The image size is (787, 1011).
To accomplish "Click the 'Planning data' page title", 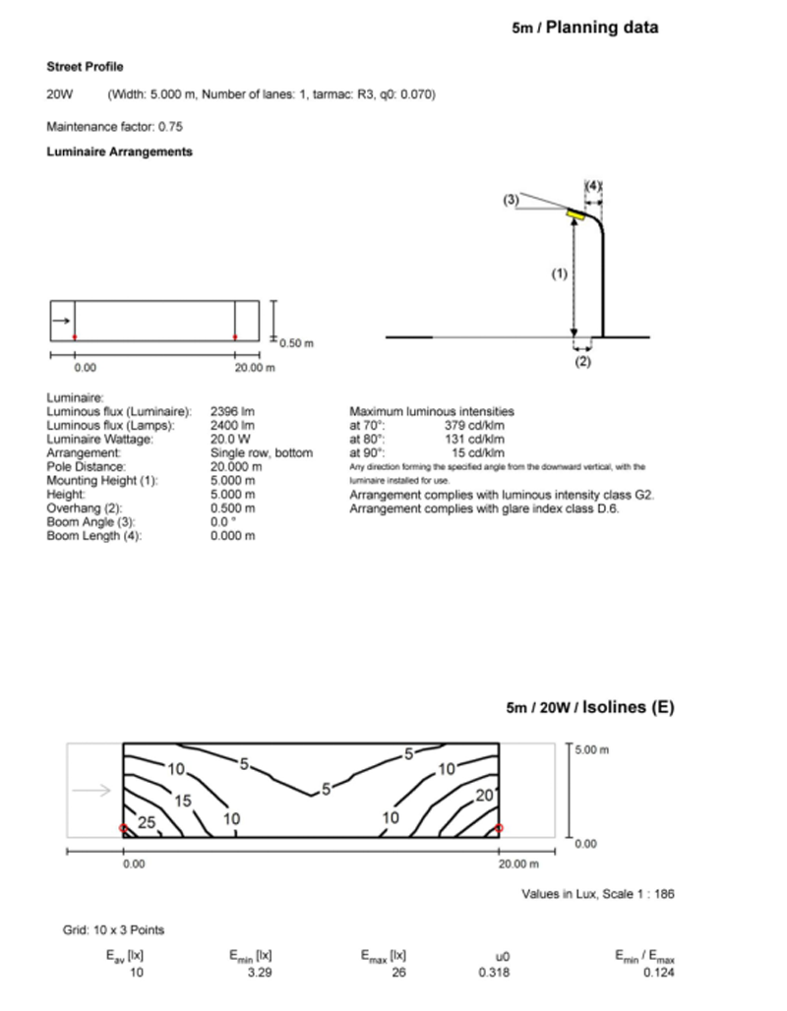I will pos(601,28).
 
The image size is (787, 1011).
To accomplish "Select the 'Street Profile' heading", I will pos(85,67).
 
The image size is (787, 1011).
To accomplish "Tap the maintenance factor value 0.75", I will pos(170,126).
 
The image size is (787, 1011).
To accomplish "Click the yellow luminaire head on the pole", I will pos(583,212).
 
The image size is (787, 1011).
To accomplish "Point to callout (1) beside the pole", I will pos(559,275).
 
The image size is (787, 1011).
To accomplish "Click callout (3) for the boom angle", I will pos(511,200).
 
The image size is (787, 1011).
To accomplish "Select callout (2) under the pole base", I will pos(582,361).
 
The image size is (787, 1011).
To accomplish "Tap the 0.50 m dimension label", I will pos(295,343).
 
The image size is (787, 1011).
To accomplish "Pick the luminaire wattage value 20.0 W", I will pos(230,440).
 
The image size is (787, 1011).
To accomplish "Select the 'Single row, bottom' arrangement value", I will pos(261,453).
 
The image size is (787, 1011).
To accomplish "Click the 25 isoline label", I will pos(147,823).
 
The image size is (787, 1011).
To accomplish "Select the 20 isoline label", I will pos(482,796).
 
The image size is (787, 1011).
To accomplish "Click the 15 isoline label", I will pos(182,801).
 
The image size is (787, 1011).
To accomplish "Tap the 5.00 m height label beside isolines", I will pos(592,748).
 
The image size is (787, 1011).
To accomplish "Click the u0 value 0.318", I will pos(494,973).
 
